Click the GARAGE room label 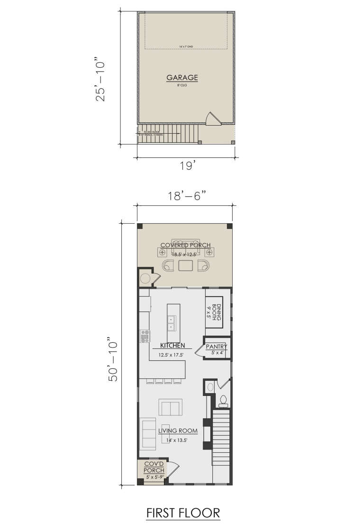click(182, 77)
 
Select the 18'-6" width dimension click(185, 196)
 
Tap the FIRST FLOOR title click(182, 513)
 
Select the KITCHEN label click(172, 346)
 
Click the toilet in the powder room click(223, 401)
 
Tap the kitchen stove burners click(145, 336)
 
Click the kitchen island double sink click(171, 322)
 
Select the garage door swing click(212, 119)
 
